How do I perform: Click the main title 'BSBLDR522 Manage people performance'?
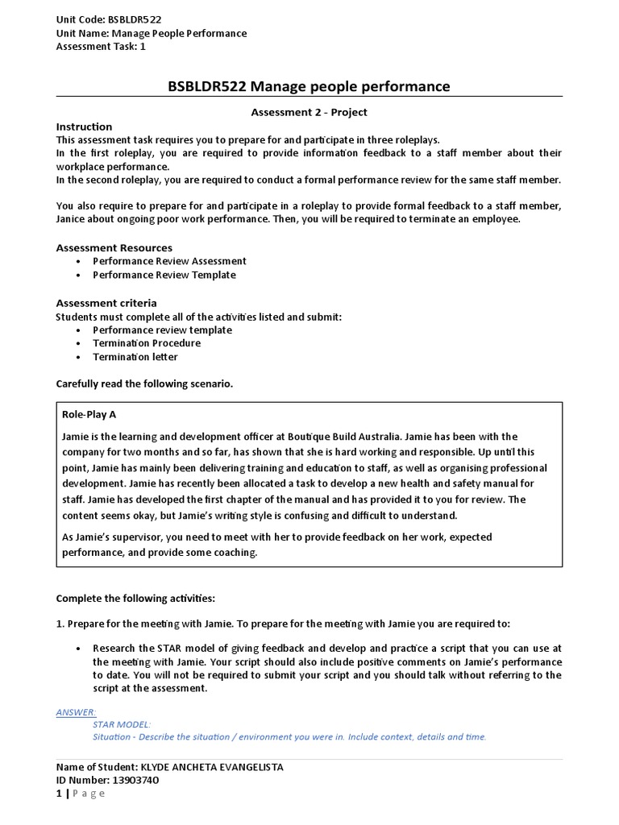coord(309,86)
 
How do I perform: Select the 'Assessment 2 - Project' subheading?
coord(309,113)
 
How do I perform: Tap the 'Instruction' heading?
coord(84,126)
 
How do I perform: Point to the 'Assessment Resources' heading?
coord(114,247)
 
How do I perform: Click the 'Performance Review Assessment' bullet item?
coord(169,261)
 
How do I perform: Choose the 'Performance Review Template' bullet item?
coord(164,275)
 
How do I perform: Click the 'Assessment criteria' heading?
coord(106,302)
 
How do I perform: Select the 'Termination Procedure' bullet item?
coord(147,343)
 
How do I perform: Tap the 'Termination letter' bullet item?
coord(135,357)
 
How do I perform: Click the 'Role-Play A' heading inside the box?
coord(89,414)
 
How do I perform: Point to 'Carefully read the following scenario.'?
coord(144,384)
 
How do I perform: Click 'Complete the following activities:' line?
coord(135,599)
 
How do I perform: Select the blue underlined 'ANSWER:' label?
coord(76,712)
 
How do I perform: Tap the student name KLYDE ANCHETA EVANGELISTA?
coord(212,767)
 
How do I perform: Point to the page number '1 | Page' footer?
coord(81,794)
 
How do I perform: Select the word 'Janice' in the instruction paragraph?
coord(73,219)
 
